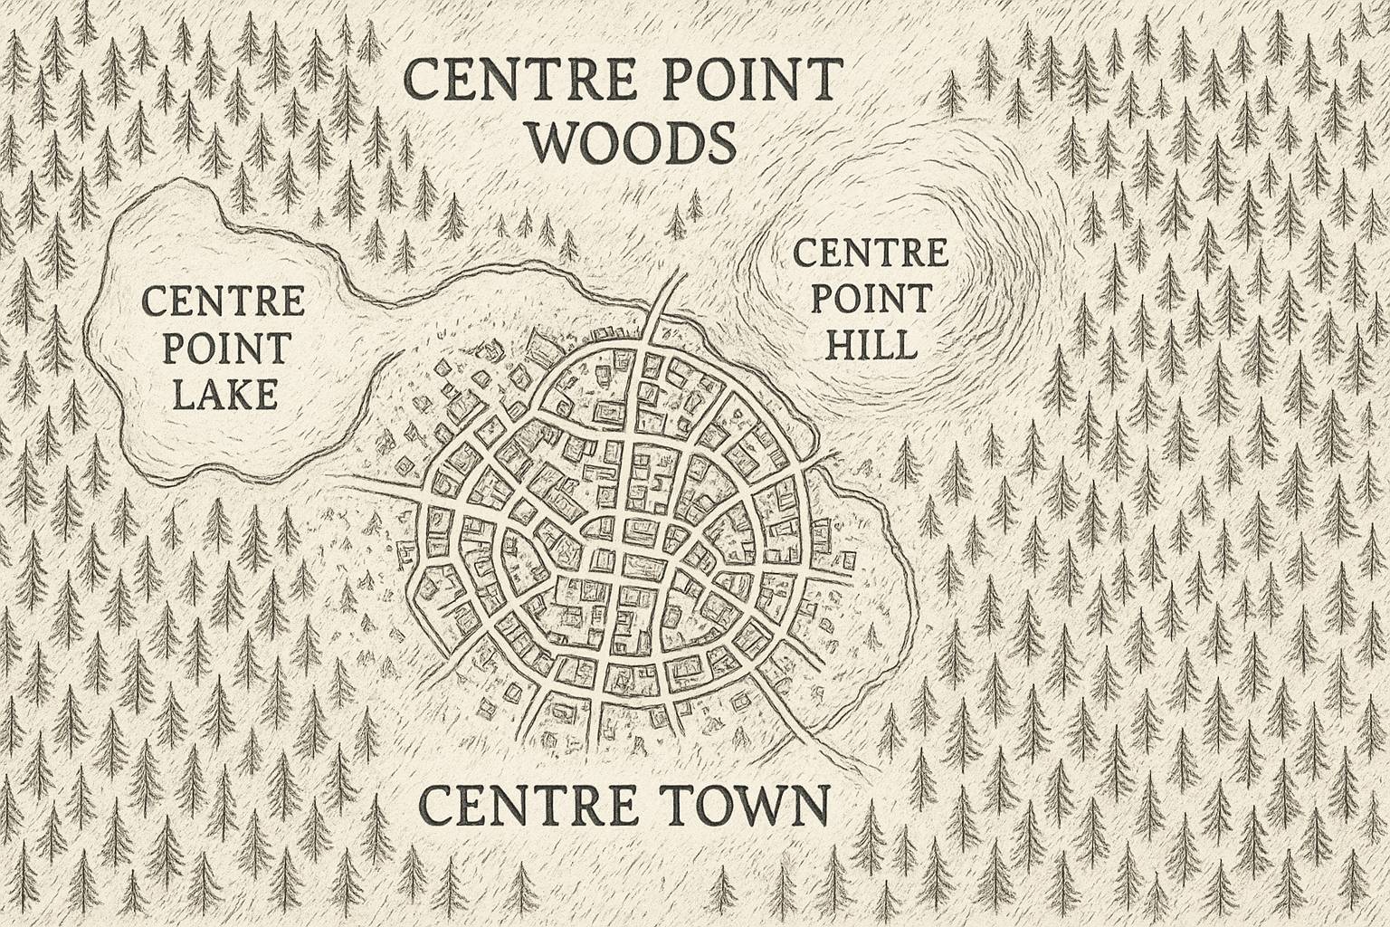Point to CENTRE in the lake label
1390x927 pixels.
point(224,301)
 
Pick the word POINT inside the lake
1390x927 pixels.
point(224,348)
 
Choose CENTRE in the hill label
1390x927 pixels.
point(870,253)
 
